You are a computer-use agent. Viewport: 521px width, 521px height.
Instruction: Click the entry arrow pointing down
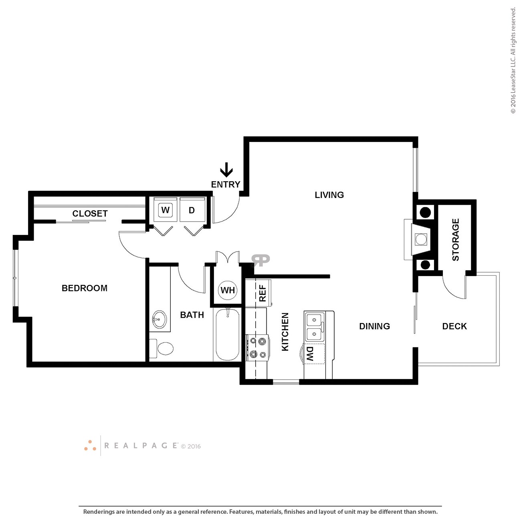(x=226, y=169)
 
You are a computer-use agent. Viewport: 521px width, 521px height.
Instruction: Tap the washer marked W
(x=165, y=210)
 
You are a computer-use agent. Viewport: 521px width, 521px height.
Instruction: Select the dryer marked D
(x=192, y=210)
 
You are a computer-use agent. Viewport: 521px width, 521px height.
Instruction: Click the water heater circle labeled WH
(x=228, y=290)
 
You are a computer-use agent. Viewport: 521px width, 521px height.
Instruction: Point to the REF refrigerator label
(x=263, y=293)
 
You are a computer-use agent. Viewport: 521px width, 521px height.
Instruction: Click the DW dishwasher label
(x=310, y=354)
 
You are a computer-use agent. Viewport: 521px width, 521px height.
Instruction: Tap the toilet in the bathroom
(x=161, y=349)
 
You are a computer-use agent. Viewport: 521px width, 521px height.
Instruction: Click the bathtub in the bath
(x=228, y=335)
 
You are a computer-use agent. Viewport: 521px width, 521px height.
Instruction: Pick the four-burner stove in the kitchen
(x=257, y=347)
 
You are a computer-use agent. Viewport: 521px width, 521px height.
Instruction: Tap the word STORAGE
(x=456, y=240)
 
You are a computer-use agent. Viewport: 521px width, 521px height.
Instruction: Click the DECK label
(x=454, y=326)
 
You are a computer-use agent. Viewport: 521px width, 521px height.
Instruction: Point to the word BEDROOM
(x=85, y=288)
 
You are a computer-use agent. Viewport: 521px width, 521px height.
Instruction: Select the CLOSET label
(x=90, y=214)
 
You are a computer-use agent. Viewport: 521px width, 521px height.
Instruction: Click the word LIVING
(x=329, y=195)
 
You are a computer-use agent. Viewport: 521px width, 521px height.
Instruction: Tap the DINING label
(x=374, y=326)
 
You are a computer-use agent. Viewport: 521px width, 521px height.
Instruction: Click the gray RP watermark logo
(x=260, y=260)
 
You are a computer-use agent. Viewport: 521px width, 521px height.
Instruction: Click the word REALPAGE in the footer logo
(x=141, y=446)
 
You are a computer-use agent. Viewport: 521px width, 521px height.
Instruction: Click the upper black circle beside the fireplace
(x=425, y=212)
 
